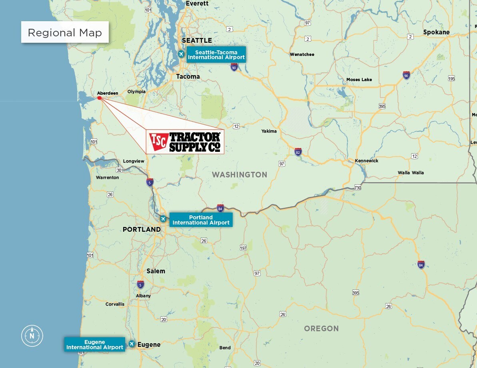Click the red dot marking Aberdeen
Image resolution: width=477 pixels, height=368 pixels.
100,97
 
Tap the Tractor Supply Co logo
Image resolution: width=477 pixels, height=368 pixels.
185,142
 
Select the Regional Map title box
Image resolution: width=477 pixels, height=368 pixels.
65,32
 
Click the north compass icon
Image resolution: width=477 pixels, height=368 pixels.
32,336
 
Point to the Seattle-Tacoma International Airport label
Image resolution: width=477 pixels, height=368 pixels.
216,55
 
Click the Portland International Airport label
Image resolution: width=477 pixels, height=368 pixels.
201,220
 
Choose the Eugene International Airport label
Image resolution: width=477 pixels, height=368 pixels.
95,344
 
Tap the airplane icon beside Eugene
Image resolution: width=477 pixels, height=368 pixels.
132,344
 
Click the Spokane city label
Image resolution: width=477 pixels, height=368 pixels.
436,32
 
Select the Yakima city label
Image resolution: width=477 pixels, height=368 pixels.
269,131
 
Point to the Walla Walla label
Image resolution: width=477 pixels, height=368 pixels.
411,173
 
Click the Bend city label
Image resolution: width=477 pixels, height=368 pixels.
225,348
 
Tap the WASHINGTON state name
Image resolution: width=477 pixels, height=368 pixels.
239,175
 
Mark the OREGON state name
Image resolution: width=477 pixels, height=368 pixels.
321,328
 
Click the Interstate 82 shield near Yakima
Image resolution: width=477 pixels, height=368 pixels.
298,151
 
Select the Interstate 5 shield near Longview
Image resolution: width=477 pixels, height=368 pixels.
150,182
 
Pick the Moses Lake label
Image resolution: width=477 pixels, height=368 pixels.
359,80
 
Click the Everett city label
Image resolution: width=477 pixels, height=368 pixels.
197,3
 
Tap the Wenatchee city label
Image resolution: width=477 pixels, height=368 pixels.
302,54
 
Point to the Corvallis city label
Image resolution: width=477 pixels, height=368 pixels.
115,304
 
